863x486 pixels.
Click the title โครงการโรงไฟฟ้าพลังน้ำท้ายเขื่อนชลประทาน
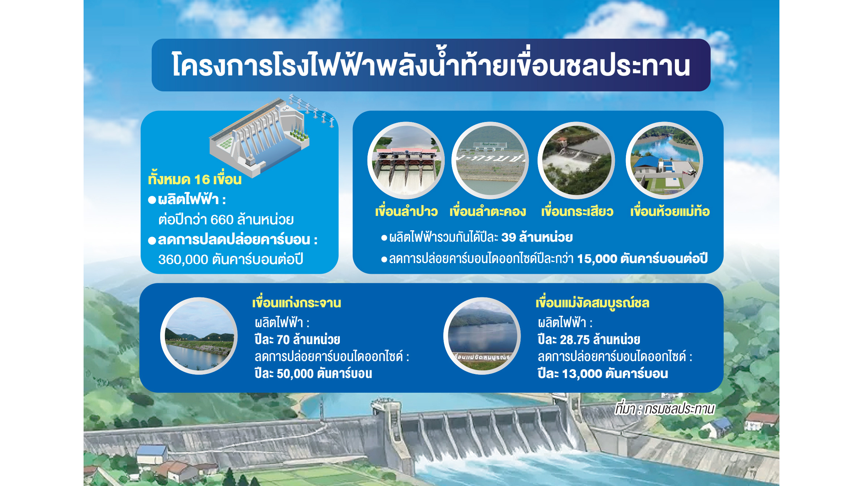click(431, 65)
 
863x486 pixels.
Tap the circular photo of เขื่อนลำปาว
click(406, 160)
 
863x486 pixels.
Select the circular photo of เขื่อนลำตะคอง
click(490, 160)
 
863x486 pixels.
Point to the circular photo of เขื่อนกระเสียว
click(576, 160)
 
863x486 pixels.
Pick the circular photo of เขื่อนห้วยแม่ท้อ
click(664, 160)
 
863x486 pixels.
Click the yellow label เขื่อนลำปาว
click(406, 211)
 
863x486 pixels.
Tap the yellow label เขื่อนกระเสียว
click(577, 211)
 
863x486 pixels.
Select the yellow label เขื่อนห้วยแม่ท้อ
click(670, 211)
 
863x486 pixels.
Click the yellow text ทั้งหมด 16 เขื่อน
click(195, 179)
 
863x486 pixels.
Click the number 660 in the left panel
click(222, 220)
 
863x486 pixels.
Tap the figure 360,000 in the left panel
click(183, 259)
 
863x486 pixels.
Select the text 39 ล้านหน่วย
click(537, 237)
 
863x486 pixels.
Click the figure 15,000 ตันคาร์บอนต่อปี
click(642, 259)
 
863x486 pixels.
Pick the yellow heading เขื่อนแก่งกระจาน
click(296, 303)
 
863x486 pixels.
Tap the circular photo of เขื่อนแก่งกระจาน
click(199, 336)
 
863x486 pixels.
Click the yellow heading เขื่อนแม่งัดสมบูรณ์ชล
click(592, 303)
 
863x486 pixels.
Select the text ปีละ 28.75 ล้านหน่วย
click(589, 339)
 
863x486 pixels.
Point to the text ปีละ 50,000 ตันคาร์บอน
click(313, 374)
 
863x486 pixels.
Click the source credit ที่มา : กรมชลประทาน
click(665, 409)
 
